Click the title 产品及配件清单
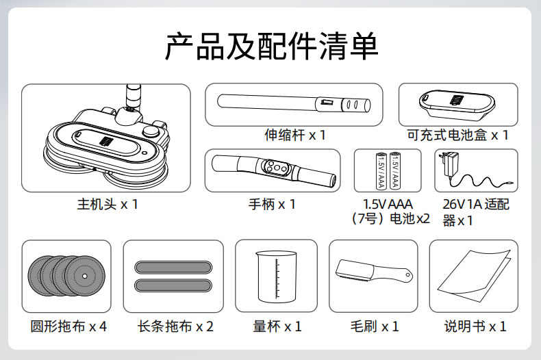(272, 47)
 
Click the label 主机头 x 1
(108, 205)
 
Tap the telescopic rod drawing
(294, 103)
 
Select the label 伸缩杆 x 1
(295, 135)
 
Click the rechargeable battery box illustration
(457, 104)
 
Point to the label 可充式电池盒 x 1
(458, 135)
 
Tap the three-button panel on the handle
(276, 168)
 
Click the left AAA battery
(381, 170)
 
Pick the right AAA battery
(394, 170)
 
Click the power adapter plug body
(449, 163)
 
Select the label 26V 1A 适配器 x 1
(476, 212)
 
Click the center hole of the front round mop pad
(85, 276)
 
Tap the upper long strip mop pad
(173, 267)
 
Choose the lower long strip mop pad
(173, 285)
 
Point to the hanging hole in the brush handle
(408, 275)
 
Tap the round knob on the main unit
(151, 131)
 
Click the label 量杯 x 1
(277, 326)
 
